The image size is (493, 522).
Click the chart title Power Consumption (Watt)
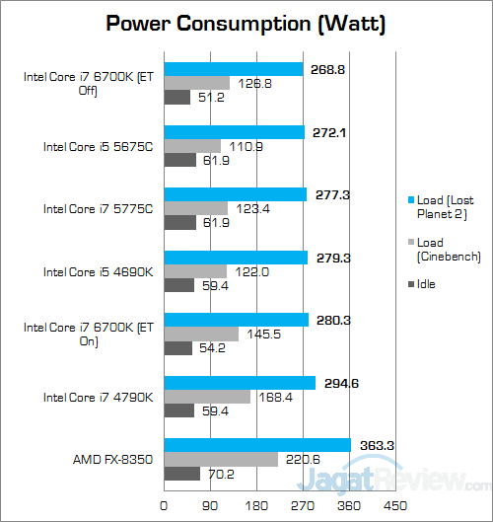246,22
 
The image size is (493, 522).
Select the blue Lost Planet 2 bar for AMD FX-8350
257,444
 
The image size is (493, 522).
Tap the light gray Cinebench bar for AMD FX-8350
221,459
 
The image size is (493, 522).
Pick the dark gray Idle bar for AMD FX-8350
182,474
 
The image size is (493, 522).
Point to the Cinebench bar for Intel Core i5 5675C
192,146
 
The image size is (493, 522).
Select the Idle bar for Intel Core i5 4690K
178,285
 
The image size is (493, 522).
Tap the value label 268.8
328,69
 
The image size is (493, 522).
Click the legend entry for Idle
426,284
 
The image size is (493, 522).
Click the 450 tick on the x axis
395,505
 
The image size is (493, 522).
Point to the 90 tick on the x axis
210,505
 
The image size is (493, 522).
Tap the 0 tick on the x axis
164,505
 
